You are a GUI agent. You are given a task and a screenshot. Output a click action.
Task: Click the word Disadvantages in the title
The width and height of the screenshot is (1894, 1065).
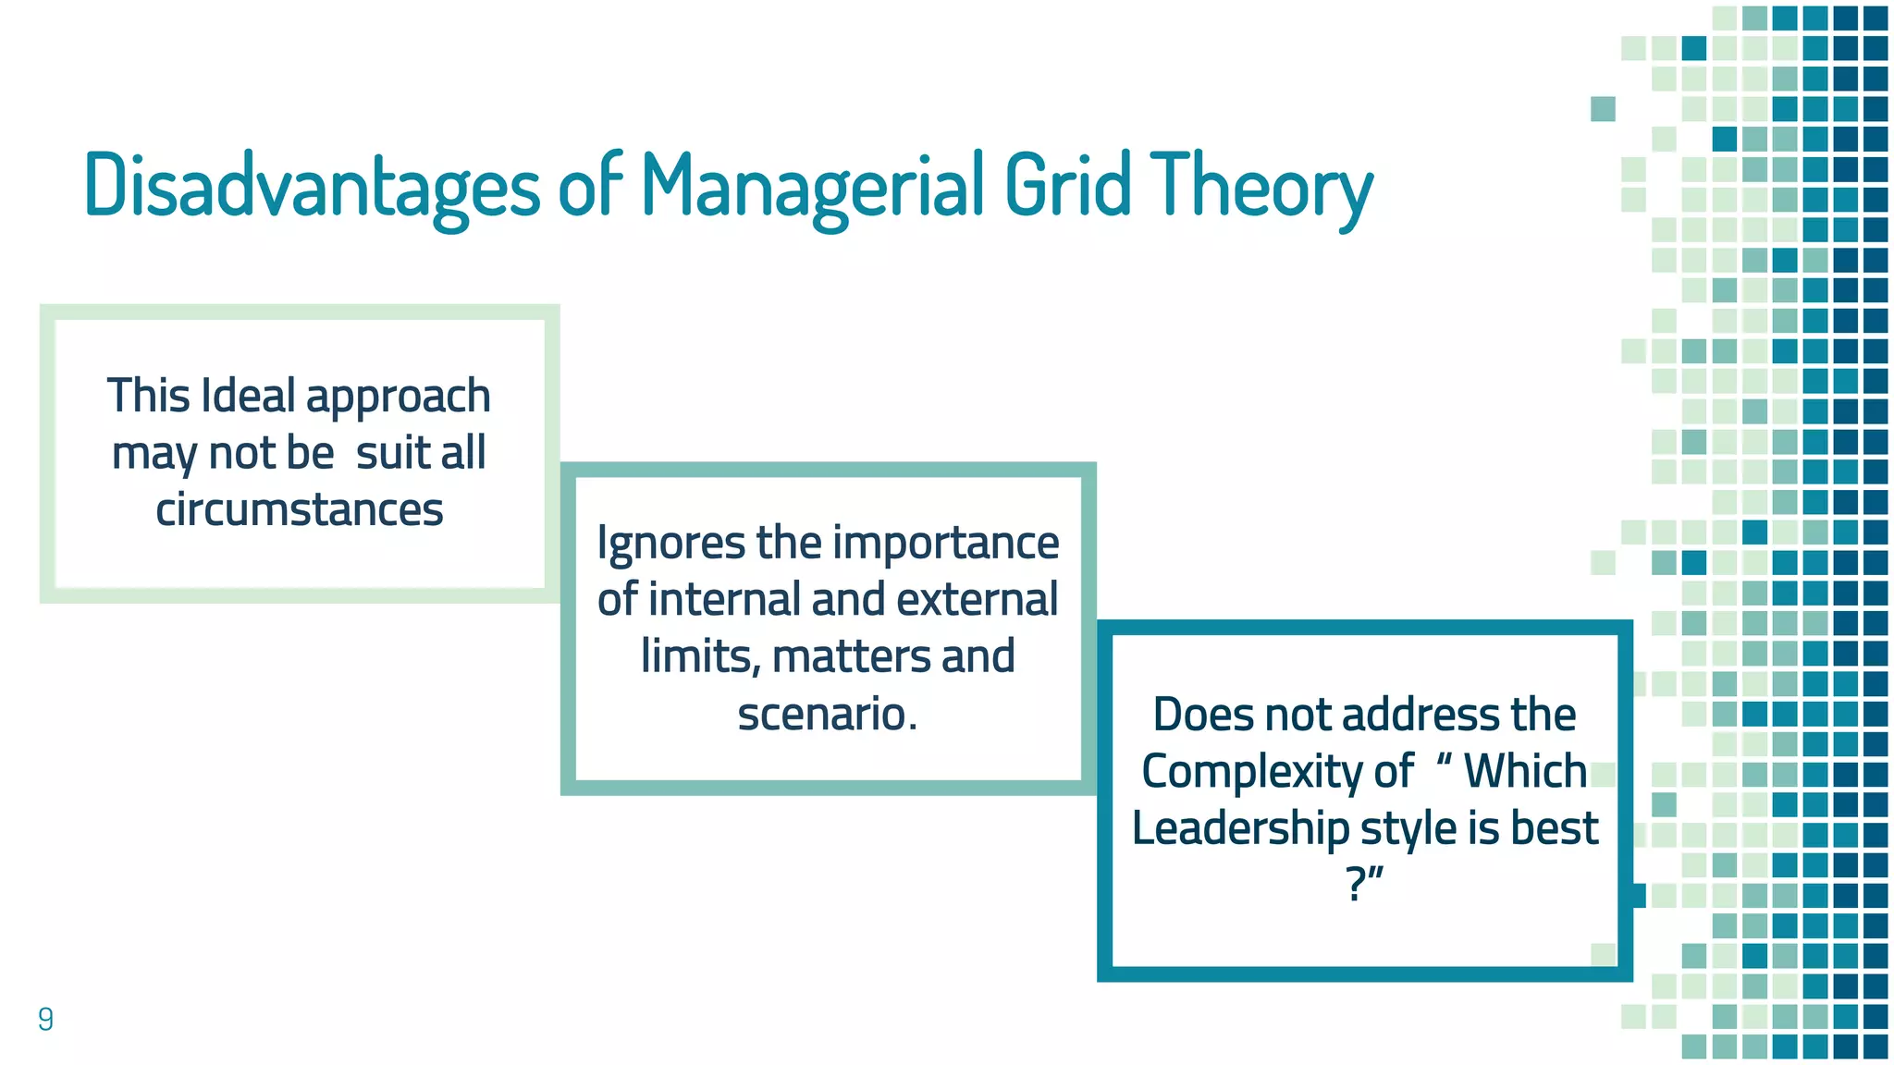(312, 185)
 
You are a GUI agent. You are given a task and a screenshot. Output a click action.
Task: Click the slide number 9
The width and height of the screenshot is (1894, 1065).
(45, 1019)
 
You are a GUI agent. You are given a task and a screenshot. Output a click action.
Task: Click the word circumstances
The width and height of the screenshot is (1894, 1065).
(300, 509)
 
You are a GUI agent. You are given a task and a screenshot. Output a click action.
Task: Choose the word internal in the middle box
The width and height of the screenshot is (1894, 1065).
(718, 599)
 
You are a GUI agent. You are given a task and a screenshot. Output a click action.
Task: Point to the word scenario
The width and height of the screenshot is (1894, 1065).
(827, 714)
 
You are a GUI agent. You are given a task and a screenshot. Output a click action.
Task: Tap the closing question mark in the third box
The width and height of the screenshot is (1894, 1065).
(1356, 885)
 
